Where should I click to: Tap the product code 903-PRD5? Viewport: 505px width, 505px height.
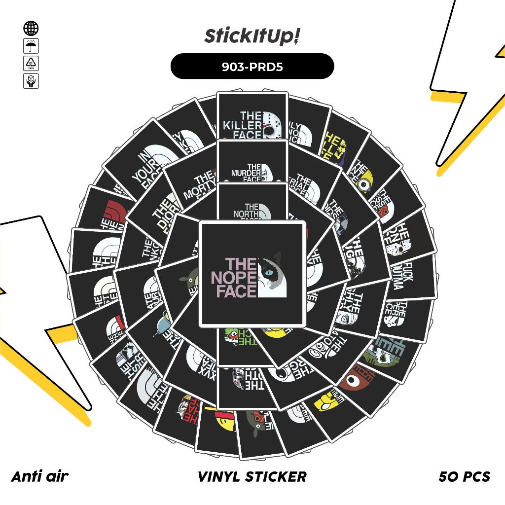pyautogui.click(x=252, y=67)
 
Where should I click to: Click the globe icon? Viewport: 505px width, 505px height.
pyautogui.click(x=31, y=29)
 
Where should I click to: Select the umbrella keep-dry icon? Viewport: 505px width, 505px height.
pyautogui.click(x=31, y=46)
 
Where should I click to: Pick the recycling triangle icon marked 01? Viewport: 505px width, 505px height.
pyautogui.click(x=31, y=64)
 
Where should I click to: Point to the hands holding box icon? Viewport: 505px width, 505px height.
pyautogui.click(x=31, y=81)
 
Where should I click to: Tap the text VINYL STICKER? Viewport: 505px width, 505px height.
pyautogui.click(x=252, y=476)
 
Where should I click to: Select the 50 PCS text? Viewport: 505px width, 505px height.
pyautogui.click(x=464, y=476)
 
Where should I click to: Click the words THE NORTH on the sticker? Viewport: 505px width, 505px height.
pyautogui.click(x=246, y=211)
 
